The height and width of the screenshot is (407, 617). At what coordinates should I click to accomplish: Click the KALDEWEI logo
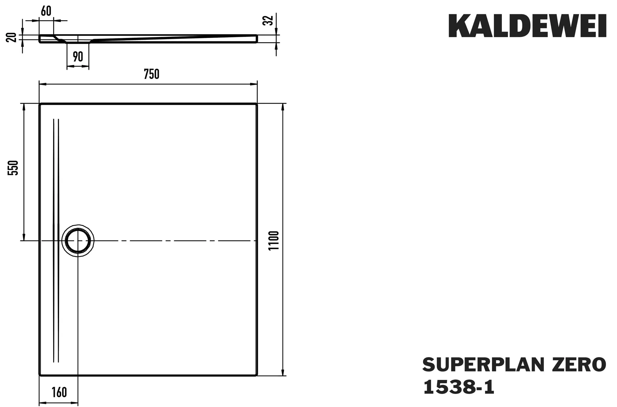point(527,26)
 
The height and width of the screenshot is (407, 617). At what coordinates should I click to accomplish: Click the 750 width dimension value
point(151,74)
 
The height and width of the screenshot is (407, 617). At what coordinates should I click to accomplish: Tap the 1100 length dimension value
point(274,240)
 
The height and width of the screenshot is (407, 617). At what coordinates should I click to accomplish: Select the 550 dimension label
point(13,168)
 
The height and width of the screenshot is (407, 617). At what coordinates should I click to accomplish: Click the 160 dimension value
point(59,392)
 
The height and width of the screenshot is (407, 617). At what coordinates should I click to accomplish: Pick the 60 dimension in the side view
point(46,11)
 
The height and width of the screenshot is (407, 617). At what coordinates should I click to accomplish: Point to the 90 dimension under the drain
point(78,56)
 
